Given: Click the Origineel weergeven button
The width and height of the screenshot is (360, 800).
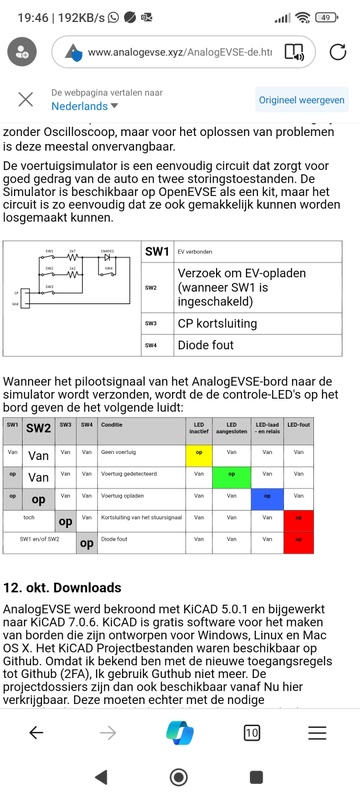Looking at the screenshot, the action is [x=301, y=100].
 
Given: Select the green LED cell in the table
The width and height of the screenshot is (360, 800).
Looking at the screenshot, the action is [x=231, y=475].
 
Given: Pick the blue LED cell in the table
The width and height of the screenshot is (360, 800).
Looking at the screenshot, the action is [x=266, y=496].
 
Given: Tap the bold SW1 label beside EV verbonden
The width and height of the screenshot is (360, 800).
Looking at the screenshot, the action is [x=157, y=252].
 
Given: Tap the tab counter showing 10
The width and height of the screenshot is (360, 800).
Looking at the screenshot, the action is [x=251, y=733].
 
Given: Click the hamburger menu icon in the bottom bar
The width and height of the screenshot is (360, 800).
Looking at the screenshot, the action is [x=317, y=733].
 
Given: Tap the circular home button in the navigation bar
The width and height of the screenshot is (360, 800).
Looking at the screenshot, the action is [x=179, y=777].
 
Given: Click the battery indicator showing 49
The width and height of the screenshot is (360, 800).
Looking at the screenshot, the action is [x=327, y=17].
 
